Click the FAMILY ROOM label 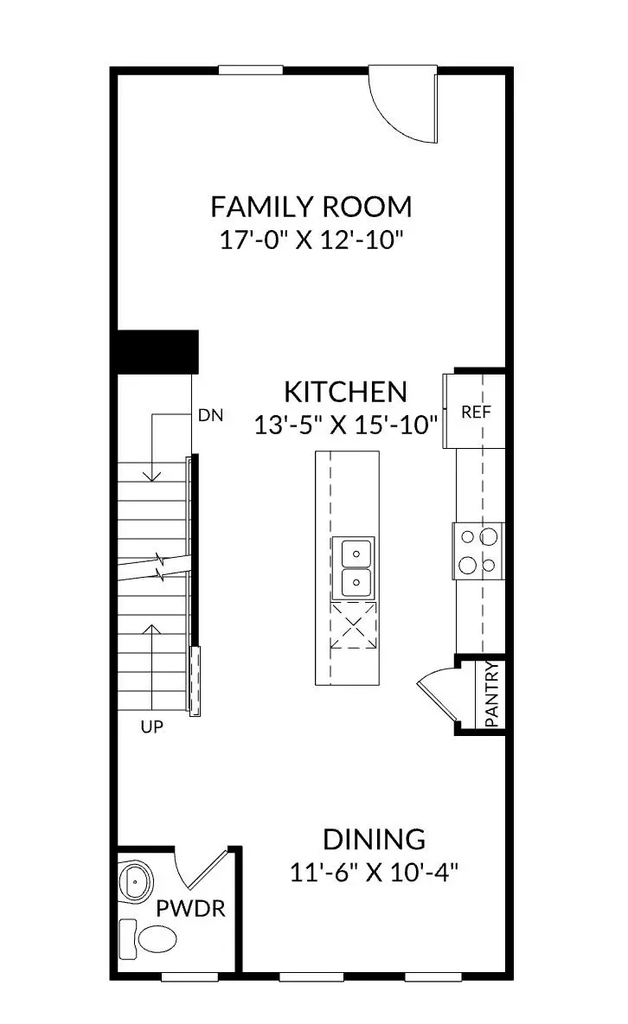coord(311,208)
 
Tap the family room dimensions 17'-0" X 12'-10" coord(311,239)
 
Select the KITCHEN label coord(346,392)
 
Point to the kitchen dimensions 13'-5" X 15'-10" coord(346,424)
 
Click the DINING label coord(374,839)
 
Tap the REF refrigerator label coord(476,413)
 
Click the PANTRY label coord(491,694)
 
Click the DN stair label coord(210,415)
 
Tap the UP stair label coord(151,727)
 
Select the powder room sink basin coord(137,882)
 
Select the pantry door coord(437,696)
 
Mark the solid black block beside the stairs coord(157,351)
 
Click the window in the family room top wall coord(251,70)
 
